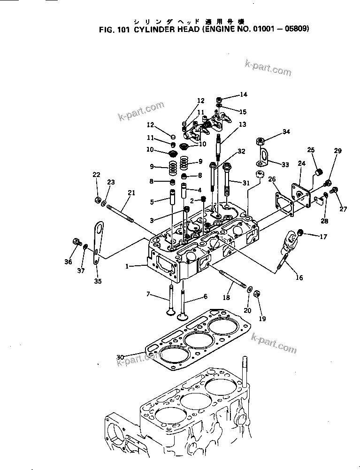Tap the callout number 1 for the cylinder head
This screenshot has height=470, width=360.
pos(127,266)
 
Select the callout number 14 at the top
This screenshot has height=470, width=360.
pos(243,94)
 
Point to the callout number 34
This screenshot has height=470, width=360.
pos(286,132)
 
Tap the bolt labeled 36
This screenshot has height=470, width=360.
pos(76,242)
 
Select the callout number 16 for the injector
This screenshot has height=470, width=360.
pos(299,277)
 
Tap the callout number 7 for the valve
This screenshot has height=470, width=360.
pos(148,294)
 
